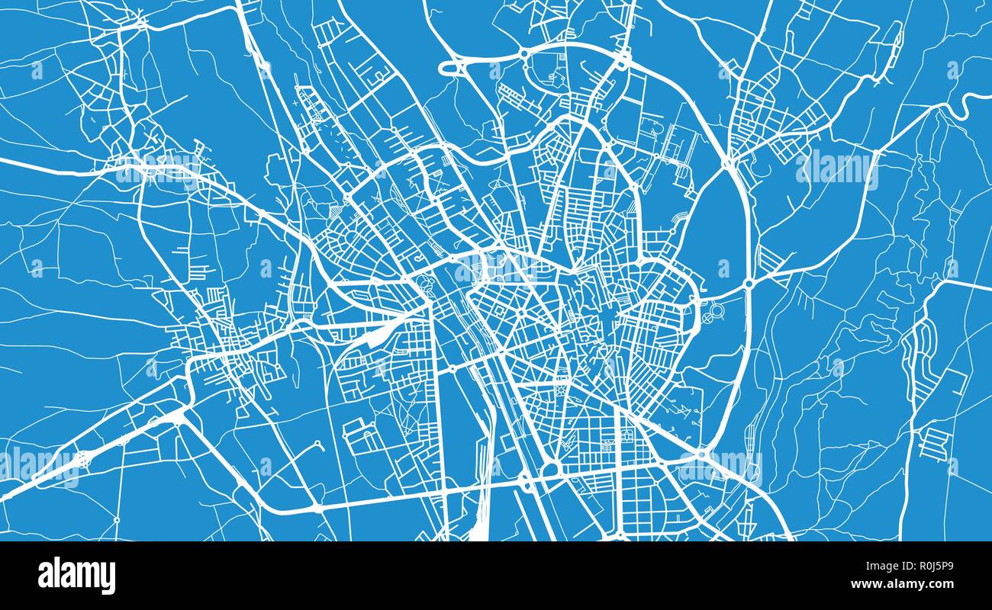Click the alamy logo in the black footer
coord(76,576)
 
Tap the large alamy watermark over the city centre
coord(496,268)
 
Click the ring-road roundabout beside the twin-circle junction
coord(749,283)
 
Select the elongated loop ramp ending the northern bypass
coord(453,68)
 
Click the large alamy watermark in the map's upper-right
coord(836,169)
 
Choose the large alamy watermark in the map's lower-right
coord(720,465)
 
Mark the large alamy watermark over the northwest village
coord(157,169)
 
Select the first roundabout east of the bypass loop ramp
coord(525,53)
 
